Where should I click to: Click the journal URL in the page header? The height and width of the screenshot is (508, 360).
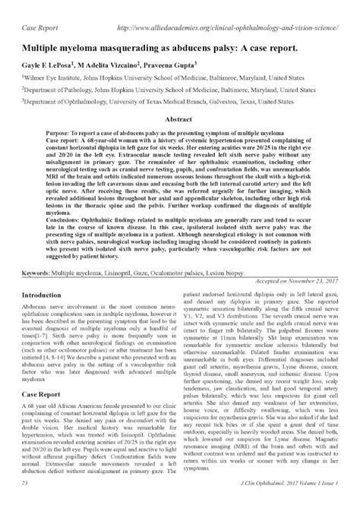point(229,8)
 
